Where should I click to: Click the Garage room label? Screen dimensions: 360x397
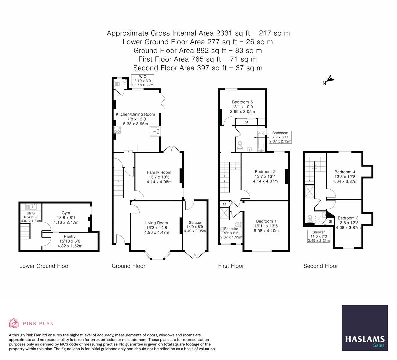click(x=195, y=223)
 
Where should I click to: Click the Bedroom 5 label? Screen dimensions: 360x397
click(x=242, y=102)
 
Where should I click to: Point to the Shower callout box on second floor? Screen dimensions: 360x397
click(x=318, y=236)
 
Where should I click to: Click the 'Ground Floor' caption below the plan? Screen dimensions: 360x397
click(x=128, y=266)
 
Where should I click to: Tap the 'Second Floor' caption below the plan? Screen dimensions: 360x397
click(x=320, y=266)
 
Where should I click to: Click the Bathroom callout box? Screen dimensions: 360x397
click(x=280, y=137)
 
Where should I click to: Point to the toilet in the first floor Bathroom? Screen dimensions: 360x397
click(x=240, y=144)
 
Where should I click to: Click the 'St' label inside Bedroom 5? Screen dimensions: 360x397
click(x=246, y=122)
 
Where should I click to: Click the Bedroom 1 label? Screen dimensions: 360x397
click(x=266, y=221)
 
